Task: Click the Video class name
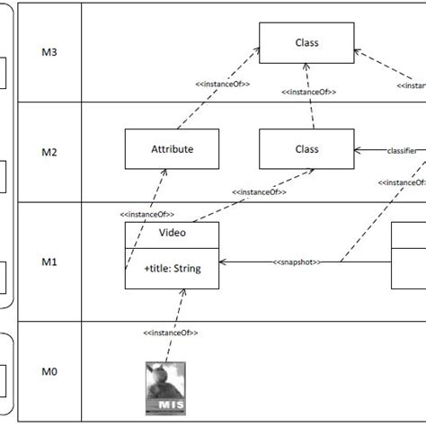point(171,232)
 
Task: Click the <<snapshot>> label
point(297,262)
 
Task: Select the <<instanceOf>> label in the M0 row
point(170,333)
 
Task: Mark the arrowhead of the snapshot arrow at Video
point(223,262)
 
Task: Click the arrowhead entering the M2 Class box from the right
point(359,150)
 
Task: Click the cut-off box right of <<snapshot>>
point(409,255)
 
